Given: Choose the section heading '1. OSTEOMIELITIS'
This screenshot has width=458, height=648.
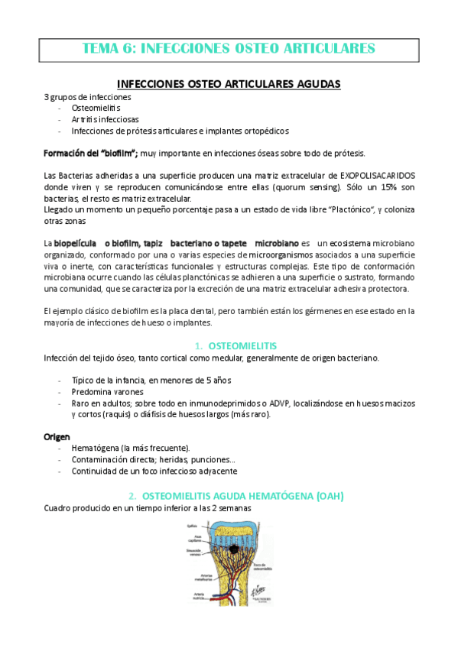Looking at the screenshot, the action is tap(236, 345).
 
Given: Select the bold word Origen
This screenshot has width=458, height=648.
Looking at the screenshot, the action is tap(57, 436).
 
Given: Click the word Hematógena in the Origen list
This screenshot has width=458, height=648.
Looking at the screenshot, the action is tap(96, 448).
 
